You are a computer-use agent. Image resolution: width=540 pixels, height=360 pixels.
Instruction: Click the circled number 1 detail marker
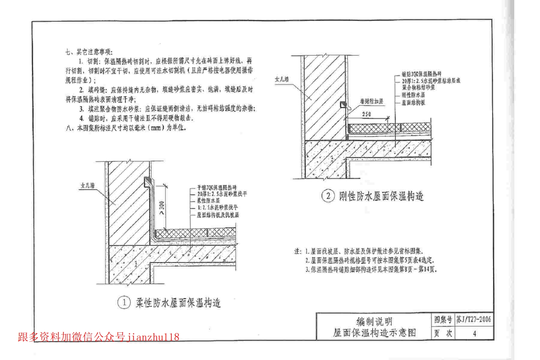tap(124, 303)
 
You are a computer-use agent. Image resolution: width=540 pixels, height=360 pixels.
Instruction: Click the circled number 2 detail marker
tap(328, 196)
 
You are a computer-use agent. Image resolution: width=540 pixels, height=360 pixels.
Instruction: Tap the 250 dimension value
tap(367, 114)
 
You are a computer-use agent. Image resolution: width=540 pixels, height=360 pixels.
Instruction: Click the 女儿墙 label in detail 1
tap(88, 185)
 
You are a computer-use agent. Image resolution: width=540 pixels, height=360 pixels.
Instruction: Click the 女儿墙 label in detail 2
tap(282, 79)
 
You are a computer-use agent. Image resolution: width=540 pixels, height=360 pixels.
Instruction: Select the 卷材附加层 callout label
tap(371, 101)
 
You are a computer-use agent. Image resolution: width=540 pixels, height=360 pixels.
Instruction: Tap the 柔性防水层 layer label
tap(208, 201)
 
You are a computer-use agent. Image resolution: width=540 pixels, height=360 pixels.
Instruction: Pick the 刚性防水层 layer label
tap(413, 95)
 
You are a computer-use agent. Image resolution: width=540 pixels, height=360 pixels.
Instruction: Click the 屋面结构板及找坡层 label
tap(218, 215)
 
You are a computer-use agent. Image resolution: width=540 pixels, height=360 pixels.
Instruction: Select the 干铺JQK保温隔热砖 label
tap(217, 187)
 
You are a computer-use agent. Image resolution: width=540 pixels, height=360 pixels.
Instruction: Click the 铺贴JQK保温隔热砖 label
tap(421, 74)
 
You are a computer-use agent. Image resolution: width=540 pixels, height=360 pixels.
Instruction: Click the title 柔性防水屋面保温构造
tap(178, 303)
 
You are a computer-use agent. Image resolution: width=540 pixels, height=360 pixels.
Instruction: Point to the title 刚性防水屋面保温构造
tap(381, 196)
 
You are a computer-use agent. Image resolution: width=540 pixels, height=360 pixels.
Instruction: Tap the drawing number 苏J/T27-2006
tap(474, 319)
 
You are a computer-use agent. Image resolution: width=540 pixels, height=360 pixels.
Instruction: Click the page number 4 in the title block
tap(474, 333)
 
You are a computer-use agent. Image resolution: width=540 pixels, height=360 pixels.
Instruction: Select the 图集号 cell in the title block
tap(443, 320)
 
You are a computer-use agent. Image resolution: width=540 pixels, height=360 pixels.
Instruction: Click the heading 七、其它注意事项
tap(89, 52)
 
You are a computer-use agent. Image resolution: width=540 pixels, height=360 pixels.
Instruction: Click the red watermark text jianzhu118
tap(153, 337)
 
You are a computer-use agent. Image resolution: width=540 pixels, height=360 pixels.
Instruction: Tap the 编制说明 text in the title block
tap(374, 321)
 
